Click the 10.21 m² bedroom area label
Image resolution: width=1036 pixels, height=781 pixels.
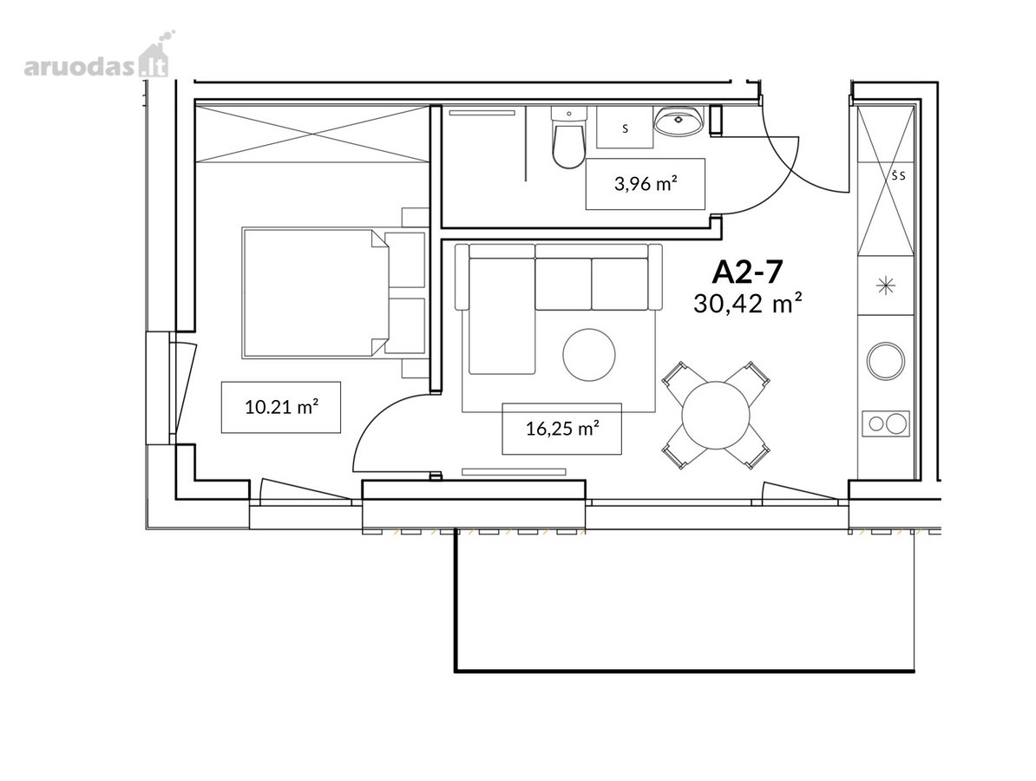click(281, 408)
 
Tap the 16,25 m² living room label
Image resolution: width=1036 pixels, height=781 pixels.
click(562, 429)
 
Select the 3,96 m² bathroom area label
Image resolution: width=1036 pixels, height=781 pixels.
click(646, 184)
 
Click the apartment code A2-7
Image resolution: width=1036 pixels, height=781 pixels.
click(748, 272)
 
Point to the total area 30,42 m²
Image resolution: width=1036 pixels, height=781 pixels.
click(748, 304)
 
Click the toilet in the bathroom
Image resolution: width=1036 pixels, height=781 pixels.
click(568, 137)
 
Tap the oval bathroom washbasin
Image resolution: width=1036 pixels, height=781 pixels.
click(679, 121)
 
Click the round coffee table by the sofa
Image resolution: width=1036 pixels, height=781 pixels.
click(589, 356)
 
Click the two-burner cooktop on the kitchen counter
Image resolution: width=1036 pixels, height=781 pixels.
click(886, 423)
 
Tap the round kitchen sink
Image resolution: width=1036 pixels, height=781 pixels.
click(886, 360)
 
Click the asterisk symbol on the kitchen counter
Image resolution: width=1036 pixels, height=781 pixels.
click(885, 286)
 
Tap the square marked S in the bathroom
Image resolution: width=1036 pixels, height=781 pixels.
click(625, 127)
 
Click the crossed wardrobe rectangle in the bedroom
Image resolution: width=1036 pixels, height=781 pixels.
click(313, 132)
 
